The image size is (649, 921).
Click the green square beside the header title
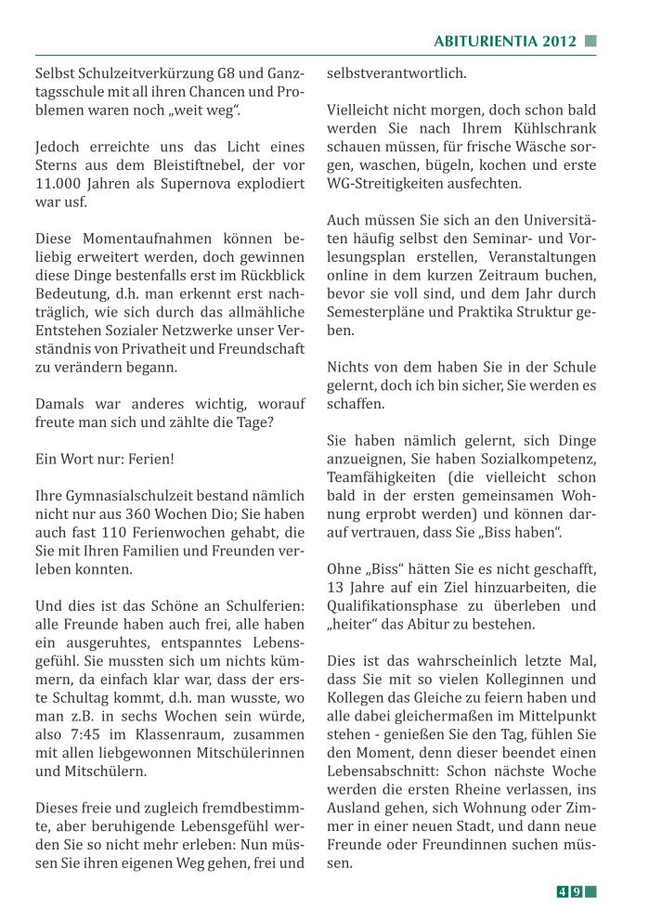point(591,41)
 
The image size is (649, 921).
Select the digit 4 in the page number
point(563,892)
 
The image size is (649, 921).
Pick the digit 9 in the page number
point(577,892)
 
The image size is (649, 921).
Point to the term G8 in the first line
point(226,73)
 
